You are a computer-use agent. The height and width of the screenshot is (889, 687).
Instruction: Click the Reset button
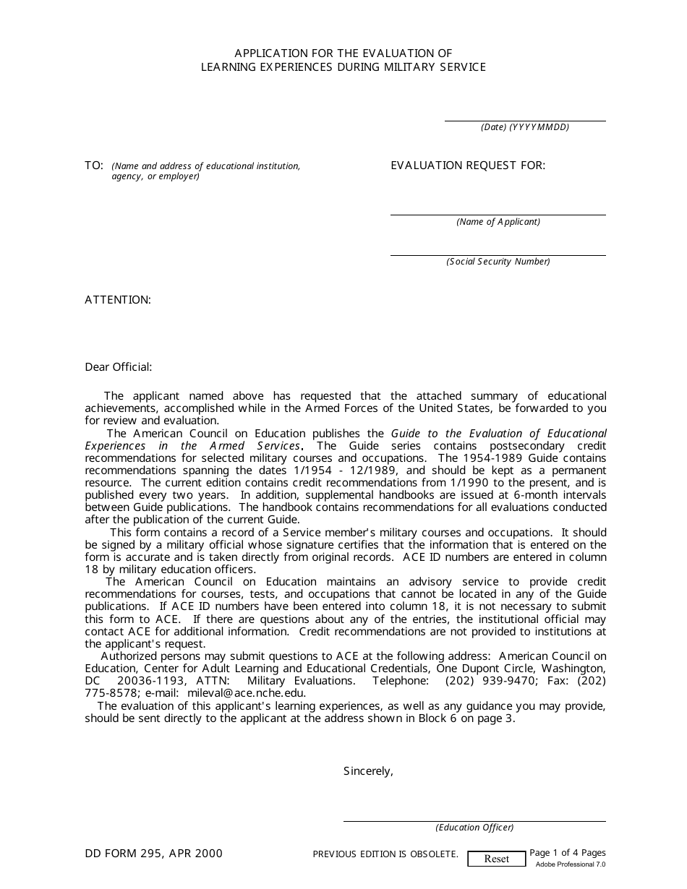pyautogui.click(x=496, y=859)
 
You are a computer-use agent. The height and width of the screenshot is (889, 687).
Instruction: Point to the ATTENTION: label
pyautogui.click(x=118, y=300)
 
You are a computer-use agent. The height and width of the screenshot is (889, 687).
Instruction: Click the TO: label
pyautogui.click(x=94, y=166)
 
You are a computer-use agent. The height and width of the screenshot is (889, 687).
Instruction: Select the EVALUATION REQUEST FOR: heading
pyautogui.click(x=468, y=166)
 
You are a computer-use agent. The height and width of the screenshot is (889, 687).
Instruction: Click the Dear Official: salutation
pyautogui.click(x=119, y=367)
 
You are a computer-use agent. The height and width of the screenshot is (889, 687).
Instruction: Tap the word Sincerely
pyautogui.click(x=368, y=771)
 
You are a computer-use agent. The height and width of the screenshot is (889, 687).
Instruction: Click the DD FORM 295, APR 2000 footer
pyautogui.click(x=153, y=854)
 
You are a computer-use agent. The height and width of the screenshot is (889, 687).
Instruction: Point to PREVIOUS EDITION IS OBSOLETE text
pyautogui.click(x=385, y=854)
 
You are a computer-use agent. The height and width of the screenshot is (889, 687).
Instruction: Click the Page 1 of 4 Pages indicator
pyautogui.click(x=568, y=853)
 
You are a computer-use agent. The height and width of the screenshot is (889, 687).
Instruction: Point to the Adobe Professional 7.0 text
pyautogui.click(x=571, y=864)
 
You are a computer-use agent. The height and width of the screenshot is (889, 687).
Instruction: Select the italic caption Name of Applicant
pyautogui.click(x=498, y=222)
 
